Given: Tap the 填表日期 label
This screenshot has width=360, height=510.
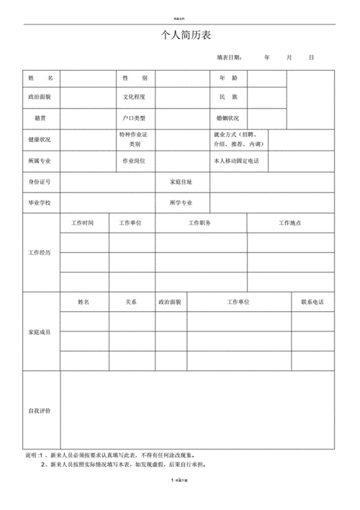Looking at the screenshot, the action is coord(230,57).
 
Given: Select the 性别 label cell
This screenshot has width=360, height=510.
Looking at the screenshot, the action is coord(135,77).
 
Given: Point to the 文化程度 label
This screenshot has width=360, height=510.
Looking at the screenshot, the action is coord(135,97).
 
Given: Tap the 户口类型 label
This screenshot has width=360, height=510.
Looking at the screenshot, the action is coord(135,117).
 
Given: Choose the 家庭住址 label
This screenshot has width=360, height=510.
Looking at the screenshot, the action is coord(181,182).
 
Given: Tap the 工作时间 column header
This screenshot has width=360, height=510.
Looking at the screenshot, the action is coord(84,223).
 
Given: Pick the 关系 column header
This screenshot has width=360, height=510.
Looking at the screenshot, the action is coord(132,303).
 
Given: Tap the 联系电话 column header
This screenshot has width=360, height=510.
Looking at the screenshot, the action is coord(312,303).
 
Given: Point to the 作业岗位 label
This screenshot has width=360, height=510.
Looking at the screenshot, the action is coord(135,161).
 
